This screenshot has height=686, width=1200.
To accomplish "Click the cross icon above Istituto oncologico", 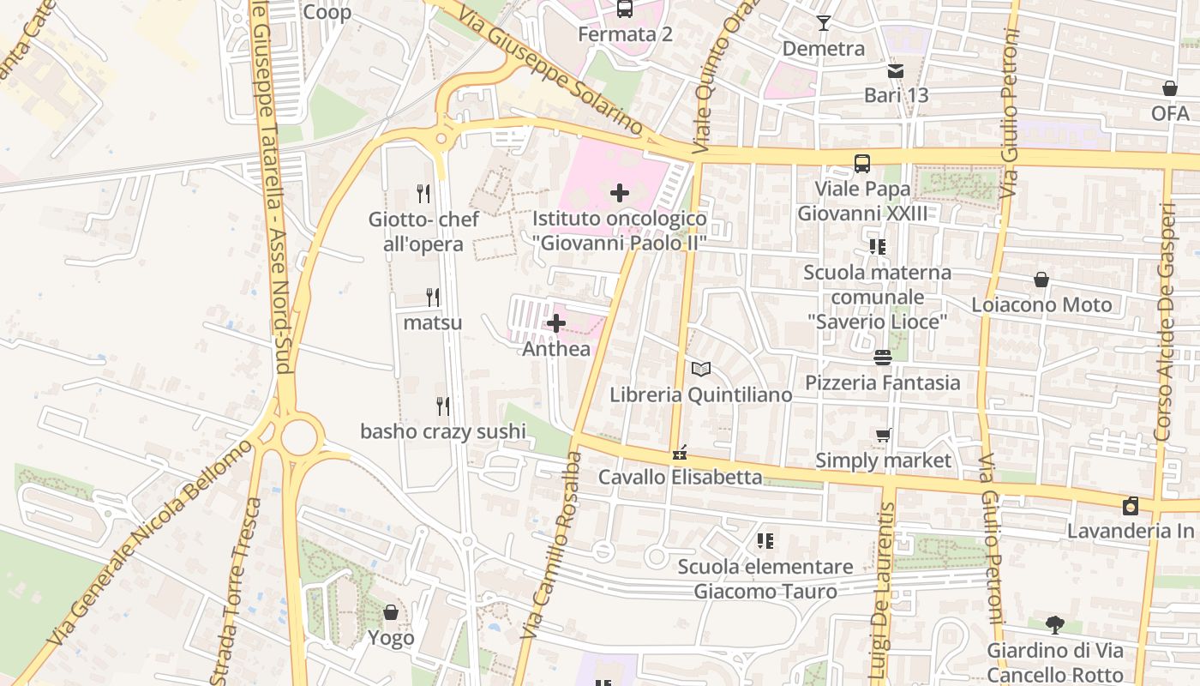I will [619, 193].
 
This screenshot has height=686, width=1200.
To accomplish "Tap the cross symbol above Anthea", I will [556, 323].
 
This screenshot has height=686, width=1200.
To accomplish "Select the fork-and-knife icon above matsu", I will [433, 298].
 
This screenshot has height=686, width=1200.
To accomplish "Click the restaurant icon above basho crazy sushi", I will [442, 406].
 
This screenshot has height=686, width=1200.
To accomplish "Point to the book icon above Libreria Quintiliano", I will [701, 370].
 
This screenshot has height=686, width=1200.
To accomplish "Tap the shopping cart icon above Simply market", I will [883, 436].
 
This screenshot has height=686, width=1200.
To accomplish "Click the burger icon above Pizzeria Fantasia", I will [883, 357].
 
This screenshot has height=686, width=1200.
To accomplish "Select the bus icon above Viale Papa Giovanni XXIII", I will [862, 163].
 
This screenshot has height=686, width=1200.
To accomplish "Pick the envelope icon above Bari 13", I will [896, 71].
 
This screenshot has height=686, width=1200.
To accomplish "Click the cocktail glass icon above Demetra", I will [824, 23].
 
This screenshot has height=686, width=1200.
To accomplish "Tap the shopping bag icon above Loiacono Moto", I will [1041, 280].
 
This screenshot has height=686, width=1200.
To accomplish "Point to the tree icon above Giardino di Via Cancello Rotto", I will [1054, 624].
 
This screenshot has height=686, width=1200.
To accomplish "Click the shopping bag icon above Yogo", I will [391, 612].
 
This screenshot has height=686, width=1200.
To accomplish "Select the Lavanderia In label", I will [1130, 531].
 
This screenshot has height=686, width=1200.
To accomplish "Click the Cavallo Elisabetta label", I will [680, 477].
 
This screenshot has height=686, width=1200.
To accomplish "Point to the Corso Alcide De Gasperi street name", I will [1163, 322].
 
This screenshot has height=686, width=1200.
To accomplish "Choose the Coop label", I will [327, 12].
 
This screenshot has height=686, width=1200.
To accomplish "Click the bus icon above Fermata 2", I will [625, 9].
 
